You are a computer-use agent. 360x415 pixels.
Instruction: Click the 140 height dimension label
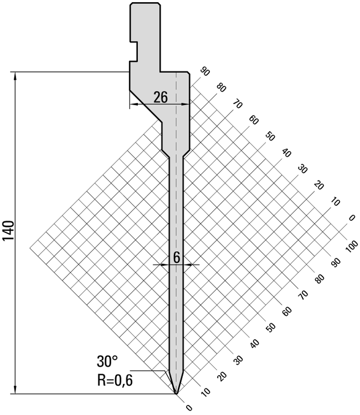point(8,230)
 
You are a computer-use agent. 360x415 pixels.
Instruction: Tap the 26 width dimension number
point(161,97)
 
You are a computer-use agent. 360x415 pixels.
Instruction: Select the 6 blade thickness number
point(177,257)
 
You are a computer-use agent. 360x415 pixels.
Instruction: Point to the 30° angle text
point(107,361)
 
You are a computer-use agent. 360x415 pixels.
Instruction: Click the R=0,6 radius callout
point(115,381)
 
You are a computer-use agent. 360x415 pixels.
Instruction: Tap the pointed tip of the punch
point(176,393)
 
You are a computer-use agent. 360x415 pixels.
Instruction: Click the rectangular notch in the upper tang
point(134,51)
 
